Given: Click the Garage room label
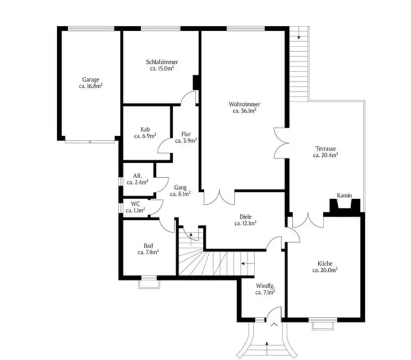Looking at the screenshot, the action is click(x=91, y=79).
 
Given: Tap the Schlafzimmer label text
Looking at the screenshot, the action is click(x=162, y=62).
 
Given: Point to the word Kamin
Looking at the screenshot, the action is click(x=344, y=195).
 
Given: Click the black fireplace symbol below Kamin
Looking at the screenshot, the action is click(x=345, y=207).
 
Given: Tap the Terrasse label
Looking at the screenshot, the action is click(x=326, y=149).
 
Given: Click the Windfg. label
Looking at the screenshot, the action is click(x=265, y=286).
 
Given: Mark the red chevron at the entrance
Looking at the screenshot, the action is click(x=274, y=324).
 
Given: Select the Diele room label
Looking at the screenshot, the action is click(x=245, y=217).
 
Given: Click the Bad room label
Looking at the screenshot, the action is click(x=148, y=246).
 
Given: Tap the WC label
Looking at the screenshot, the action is click(x=135, y=204).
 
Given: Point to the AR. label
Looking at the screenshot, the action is click(x=137, y=176).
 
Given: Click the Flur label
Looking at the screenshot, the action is click(x=186, y=134).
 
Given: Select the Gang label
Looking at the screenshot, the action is click(x=180, y=188).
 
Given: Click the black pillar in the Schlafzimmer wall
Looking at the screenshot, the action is click(x=196, y=83).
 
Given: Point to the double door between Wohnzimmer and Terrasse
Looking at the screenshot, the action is click(x=281, y=143).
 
